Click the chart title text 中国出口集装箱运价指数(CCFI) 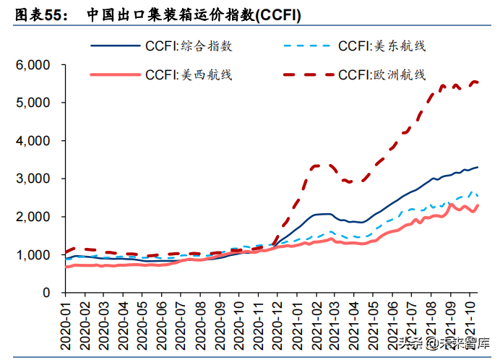[x=184, y=14]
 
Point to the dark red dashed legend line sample [x=307, y=74]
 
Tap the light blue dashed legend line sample [x=307, y=46]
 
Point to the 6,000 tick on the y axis [x=32, y=65]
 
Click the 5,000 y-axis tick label [x=32, y=103]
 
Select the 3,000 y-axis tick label [x=32, y=179]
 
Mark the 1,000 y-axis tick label [x=32, y=255]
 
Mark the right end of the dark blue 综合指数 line [x=478, y=167]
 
